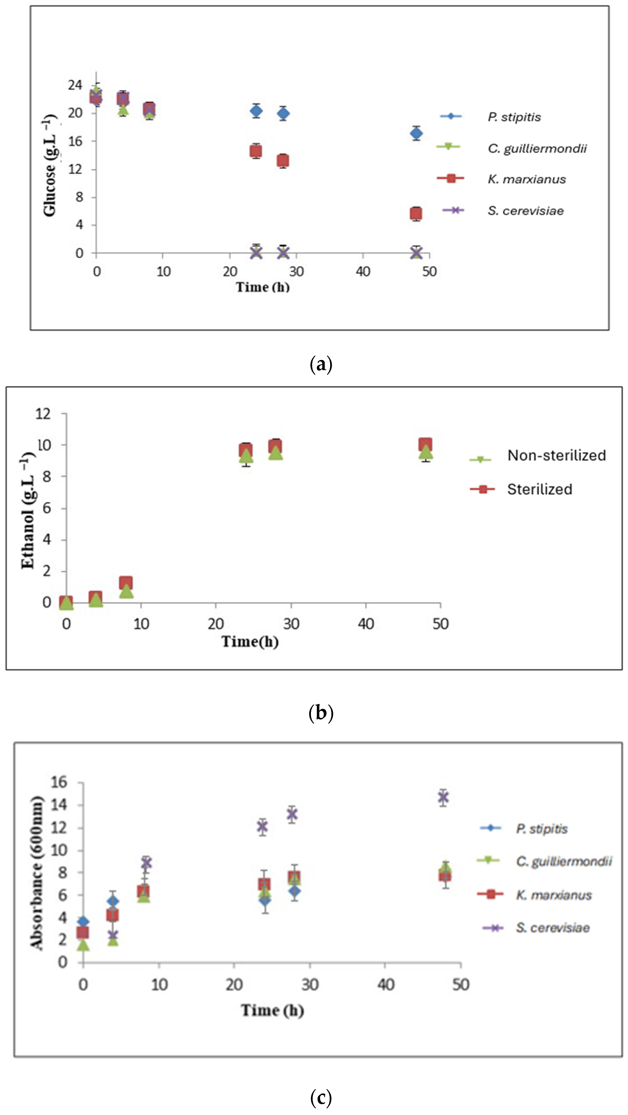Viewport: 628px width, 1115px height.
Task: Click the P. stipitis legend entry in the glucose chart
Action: coord(514,117)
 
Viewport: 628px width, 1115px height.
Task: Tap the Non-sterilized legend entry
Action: coord(556,455)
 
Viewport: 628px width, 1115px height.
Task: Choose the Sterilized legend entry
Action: coord(539,489)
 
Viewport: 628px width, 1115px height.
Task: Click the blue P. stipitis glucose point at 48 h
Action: coord(416,133)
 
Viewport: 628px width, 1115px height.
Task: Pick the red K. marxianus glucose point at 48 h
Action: coord(416,213)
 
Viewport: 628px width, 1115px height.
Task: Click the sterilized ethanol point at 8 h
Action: coord(126,583)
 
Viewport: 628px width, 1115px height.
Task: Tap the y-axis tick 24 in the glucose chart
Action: coord(75,85)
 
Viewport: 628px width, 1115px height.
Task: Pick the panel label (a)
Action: coord(321,364)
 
